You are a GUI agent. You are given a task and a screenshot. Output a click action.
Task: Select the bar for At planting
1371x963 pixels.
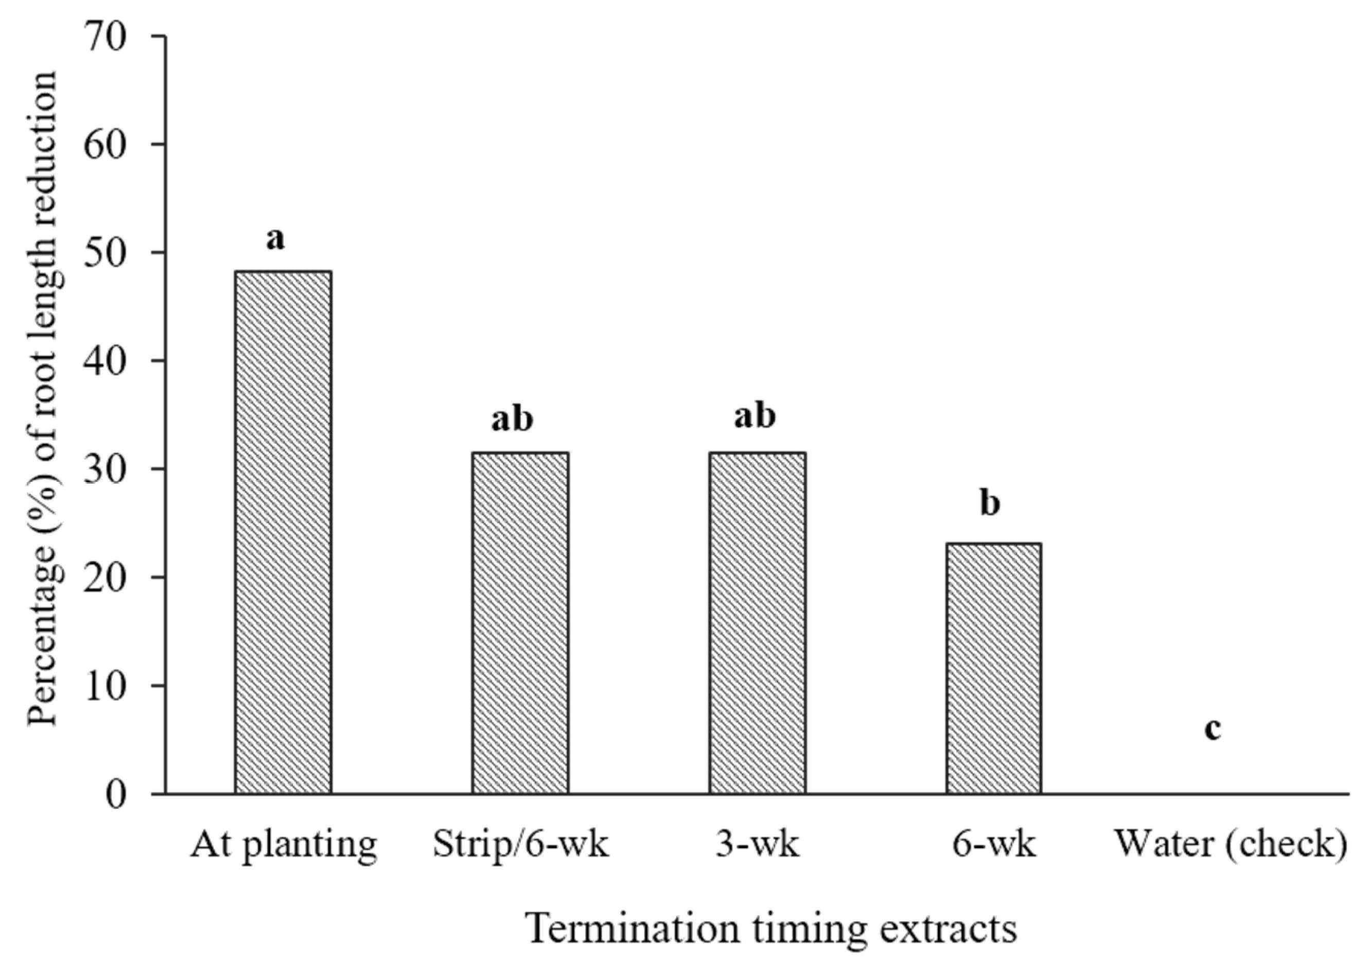click(283, 532)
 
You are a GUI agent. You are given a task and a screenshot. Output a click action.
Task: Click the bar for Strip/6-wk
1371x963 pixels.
click(520, 622)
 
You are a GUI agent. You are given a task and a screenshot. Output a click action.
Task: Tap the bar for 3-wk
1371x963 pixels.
click(757, 622)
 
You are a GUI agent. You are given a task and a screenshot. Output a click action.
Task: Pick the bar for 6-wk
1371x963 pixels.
click(993, 668)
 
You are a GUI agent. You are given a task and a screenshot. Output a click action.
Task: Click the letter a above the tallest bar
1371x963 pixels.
click(275, 240)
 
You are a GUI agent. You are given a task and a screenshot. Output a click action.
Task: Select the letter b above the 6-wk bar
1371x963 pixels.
click(989, 503)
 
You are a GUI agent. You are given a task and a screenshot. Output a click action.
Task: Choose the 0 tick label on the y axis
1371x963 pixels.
click(117, 795)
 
